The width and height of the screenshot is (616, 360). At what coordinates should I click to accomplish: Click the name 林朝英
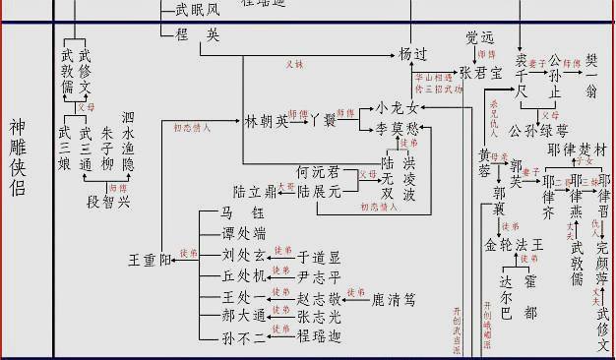pyautogui.click(x=268, y=121)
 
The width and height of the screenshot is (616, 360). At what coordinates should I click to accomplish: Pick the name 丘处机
pyautogui.click(x=243, y=276)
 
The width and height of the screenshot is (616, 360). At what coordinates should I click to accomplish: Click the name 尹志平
pyautogui.click(x=318, y=278)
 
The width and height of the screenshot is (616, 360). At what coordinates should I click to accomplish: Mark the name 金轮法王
pyautogui.click(x=513, y=245)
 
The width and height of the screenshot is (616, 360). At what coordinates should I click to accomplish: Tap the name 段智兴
pyautogui.click(x=108, y=202)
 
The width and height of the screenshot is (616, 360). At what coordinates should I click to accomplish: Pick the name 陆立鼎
pyautogui.click(x=255, y=191)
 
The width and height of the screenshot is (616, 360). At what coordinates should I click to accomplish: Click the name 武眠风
pyautogui.click(x=197, y=11)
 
